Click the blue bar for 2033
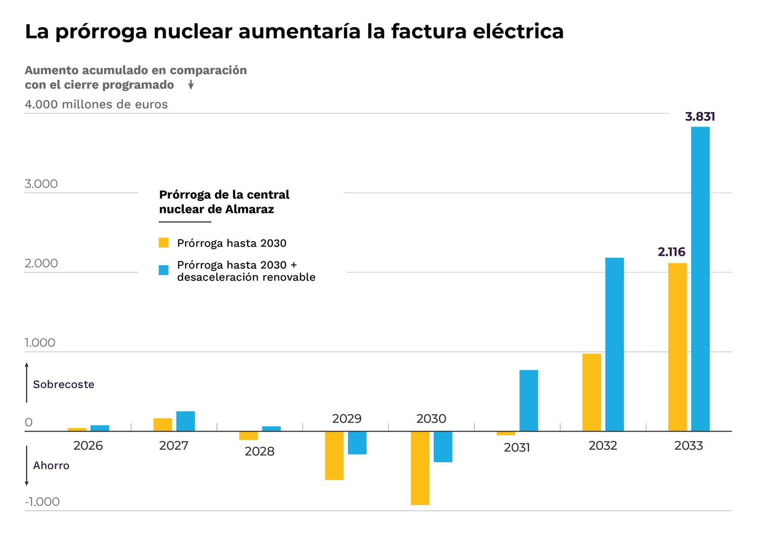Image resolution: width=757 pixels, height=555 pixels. tap(700, 279)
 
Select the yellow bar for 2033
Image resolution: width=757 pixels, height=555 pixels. tap(677, 347)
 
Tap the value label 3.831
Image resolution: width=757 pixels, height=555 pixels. tap(700, 117)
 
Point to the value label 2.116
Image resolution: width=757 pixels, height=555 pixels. tap(671, 252)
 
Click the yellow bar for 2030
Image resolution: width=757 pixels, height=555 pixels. tap(420, 468)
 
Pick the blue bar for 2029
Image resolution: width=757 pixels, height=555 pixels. tap(357, 443)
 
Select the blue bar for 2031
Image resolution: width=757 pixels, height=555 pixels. tap(528, 400)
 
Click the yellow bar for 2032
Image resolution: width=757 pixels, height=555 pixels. tap(591, 392)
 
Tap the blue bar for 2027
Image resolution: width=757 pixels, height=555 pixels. tap(185, 421)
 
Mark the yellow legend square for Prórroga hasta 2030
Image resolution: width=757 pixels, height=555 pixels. tap(164, 243)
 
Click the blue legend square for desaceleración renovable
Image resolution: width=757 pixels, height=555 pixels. tap(164, 270)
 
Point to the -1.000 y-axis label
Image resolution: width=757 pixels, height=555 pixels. tap(42, 502)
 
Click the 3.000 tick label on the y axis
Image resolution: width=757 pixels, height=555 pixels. tap(41, 184)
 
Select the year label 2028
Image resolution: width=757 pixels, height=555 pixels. tap(259, 451)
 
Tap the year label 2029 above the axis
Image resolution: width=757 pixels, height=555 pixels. tap(347, 418)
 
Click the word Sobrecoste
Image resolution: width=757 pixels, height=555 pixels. tap(64, 384)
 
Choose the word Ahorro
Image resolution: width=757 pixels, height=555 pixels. tap(51, 465)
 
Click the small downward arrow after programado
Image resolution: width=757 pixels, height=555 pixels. tap(191, 85)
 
